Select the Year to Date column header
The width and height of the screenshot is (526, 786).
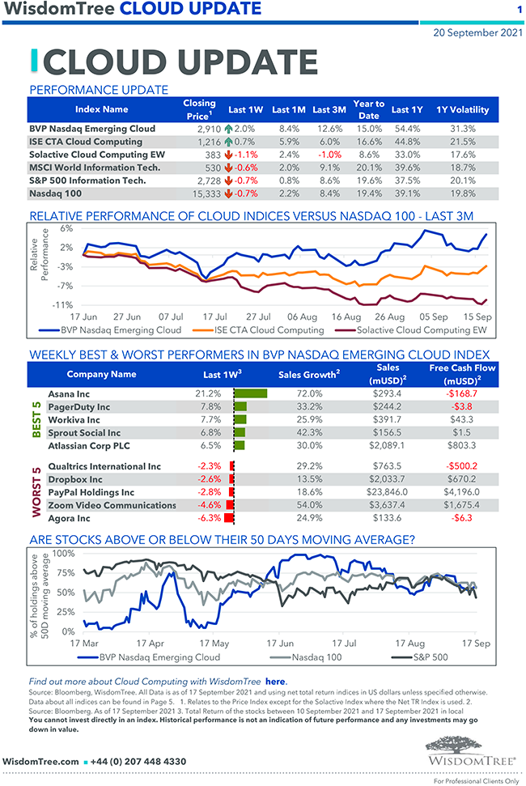point(368,109)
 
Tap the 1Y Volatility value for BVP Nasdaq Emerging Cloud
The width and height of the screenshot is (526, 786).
point(462,129)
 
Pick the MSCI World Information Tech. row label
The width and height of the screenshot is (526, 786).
point(94,168)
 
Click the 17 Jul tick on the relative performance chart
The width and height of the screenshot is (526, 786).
point(214,317)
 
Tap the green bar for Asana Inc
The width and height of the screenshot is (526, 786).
point(250,393)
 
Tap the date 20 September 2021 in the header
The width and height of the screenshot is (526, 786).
point(476,33)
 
